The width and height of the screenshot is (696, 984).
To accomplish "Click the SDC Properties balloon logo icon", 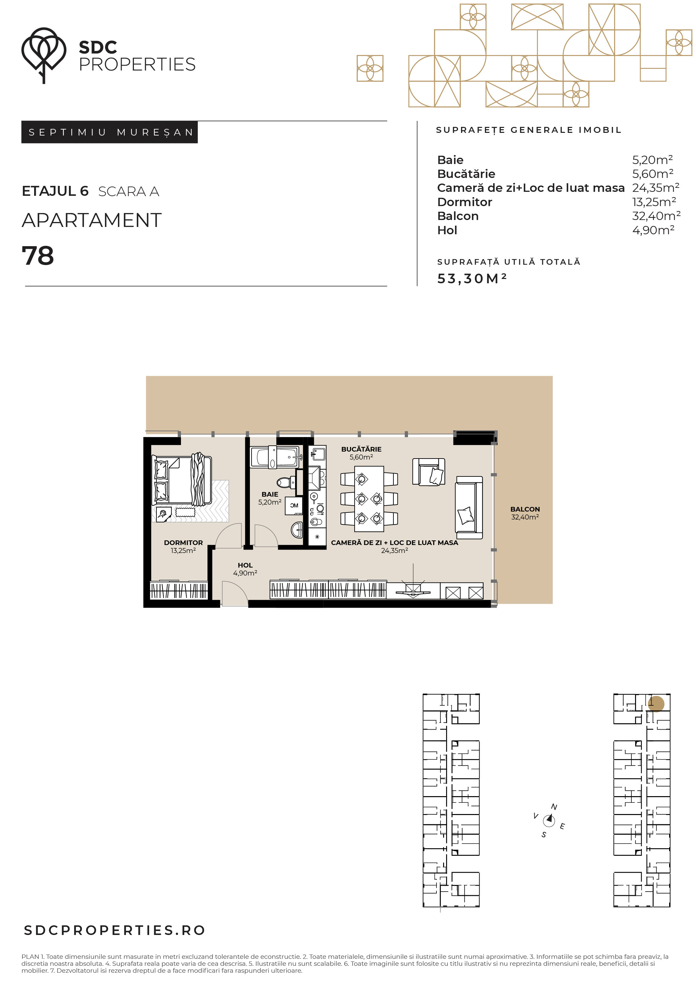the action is [44, 55].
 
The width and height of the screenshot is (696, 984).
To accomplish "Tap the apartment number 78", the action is [38, 256].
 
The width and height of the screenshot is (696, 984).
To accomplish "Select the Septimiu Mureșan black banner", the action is [109, 132].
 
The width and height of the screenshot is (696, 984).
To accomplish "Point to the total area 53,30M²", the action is [472, 278].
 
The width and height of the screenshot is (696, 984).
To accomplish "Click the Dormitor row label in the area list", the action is [464, 202].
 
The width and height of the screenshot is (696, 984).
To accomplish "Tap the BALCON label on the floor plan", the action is [525, 509].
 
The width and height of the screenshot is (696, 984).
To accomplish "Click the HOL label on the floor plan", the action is [245, 565].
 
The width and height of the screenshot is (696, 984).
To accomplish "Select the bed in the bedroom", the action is [182, 480].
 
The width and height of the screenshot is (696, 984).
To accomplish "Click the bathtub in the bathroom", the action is [274, 457].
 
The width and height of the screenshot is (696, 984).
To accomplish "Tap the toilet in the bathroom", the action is [286, 483].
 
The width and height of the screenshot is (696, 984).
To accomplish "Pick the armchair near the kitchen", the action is [429, 472].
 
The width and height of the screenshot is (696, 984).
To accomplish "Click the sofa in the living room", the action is [469, 508].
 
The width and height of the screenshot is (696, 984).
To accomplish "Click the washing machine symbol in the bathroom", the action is [294, 506].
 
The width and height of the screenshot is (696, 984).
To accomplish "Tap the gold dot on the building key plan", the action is [656, 704].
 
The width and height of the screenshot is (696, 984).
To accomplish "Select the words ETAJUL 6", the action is [55, 191].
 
